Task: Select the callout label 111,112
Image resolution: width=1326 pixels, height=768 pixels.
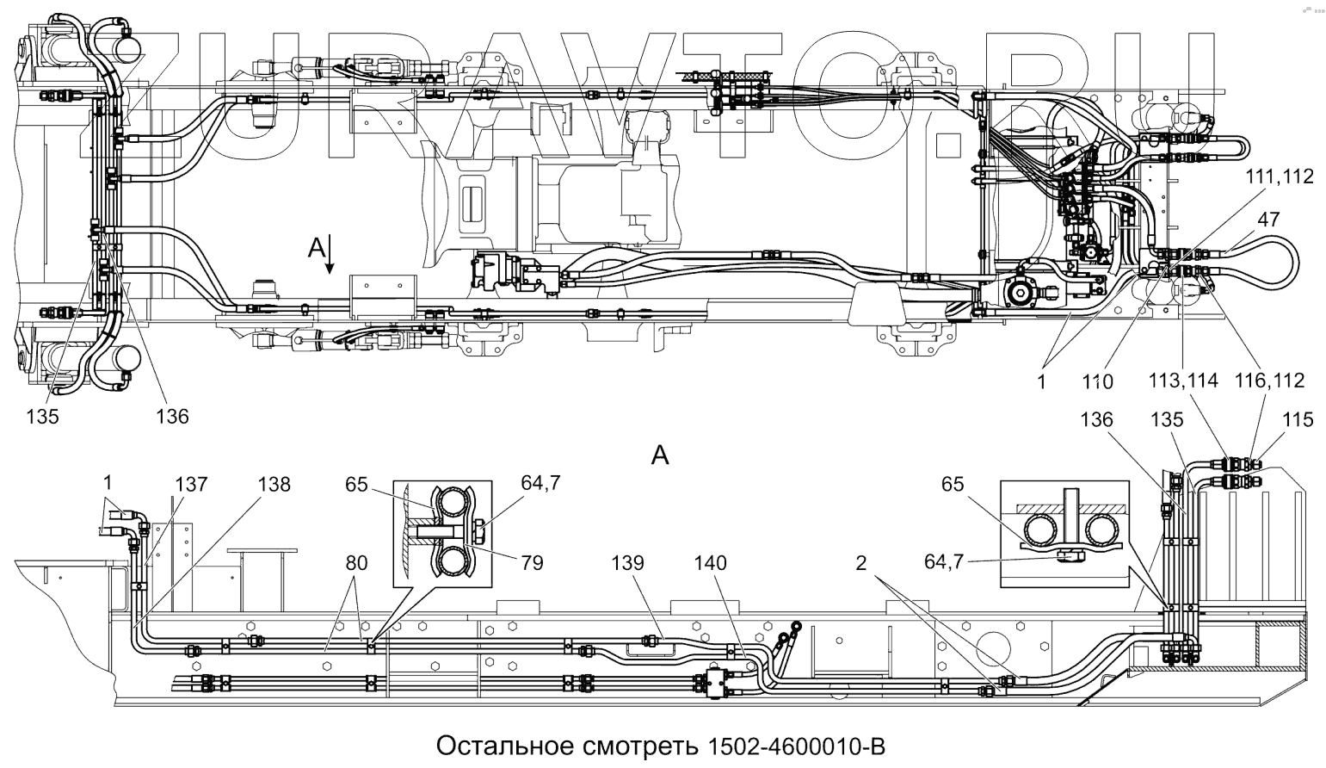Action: pos(1280,177)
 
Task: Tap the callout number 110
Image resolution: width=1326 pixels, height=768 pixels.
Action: pos(1098,381)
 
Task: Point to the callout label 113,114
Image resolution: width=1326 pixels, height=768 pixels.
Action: pos(1183,380)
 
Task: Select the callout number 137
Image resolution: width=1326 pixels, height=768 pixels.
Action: pos(191,484)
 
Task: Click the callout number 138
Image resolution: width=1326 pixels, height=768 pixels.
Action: pos(274,484)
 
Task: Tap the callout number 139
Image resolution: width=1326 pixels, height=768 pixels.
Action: pos(627,563)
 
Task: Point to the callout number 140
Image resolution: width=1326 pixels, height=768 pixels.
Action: pos(710,563)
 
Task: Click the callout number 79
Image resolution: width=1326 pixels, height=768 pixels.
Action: pos(533,563)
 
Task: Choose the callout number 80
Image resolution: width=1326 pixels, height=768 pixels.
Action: pos(356,563)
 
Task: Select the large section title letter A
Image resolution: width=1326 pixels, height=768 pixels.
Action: pos(660,455)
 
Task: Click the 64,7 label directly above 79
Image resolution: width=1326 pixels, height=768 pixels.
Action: pos(540,484)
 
